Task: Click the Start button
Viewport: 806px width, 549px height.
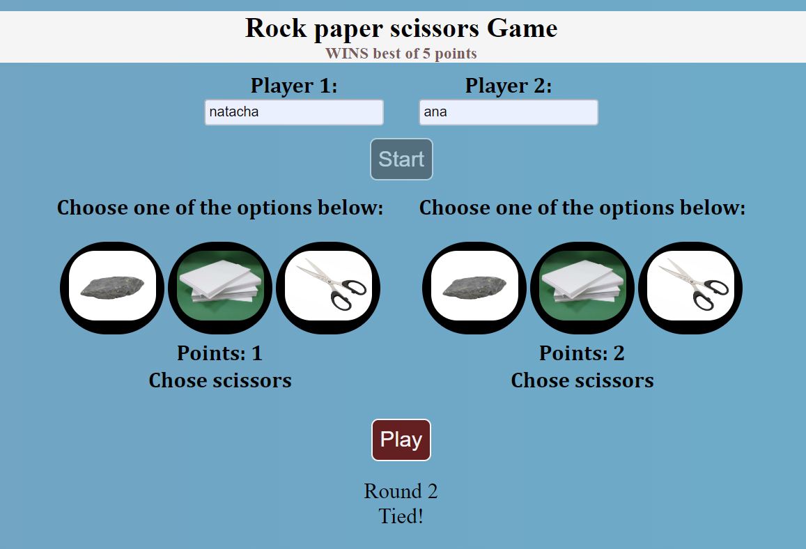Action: click(401, 159)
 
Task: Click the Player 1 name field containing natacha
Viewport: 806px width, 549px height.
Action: click(293, 112)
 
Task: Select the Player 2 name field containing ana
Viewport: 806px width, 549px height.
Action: click(508, 112)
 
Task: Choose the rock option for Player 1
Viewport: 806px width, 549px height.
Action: click(112, 288)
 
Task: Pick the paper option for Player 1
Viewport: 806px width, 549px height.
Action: click(220, 288)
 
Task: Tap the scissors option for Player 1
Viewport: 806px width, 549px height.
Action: click(328, 288)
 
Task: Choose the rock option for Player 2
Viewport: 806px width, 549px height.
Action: click(474, 288)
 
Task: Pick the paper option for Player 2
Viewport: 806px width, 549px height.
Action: click(582, 288)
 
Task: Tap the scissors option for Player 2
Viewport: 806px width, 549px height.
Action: click(690, 288)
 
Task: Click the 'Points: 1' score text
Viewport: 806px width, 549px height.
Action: click(219, 353)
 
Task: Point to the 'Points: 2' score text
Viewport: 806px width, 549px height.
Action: click(582, 353)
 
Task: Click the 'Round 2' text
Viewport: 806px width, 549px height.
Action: click(401, 491)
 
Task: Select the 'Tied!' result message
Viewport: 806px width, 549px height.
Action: click(401, 517)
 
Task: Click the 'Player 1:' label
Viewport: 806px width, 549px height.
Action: click(294, 86)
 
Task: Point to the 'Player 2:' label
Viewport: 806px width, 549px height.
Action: click(509, 86)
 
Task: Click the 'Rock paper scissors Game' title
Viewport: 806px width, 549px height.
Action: click(401, 29)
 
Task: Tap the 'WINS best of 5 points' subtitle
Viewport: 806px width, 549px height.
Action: click(401, 54)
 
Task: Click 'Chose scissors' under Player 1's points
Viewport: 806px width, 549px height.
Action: click(220, 380)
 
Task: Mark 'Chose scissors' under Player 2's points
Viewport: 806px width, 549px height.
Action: click(582, 380)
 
